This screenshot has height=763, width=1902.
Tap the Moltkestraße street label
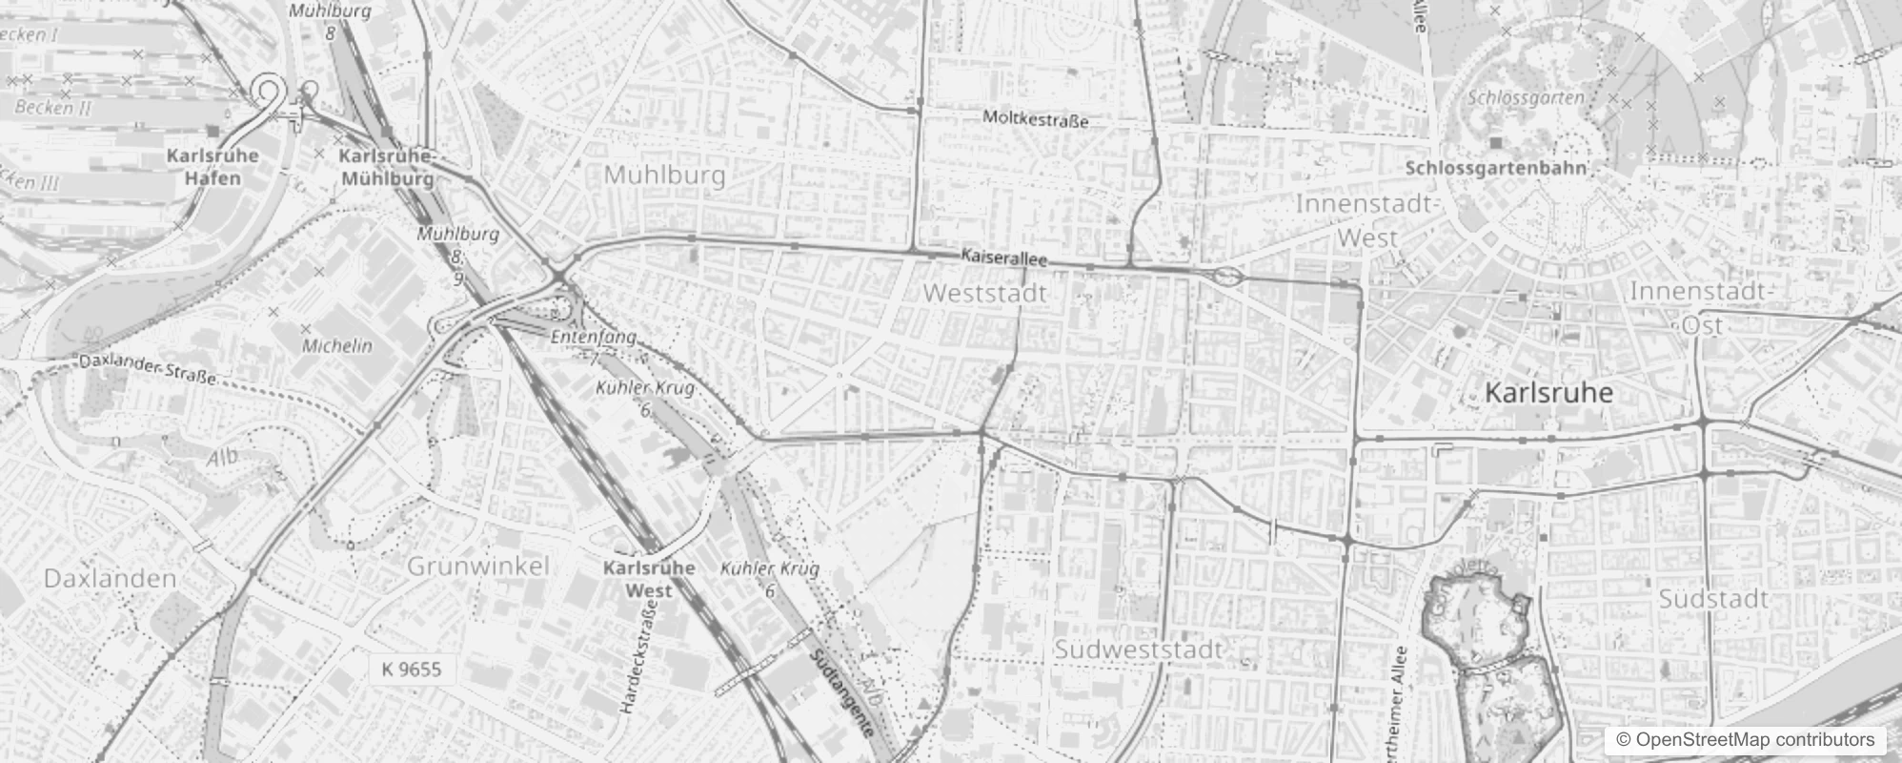click(x=1035, y=119)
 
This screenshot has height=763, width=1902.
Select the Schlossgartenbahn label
click(x=1496, y=168)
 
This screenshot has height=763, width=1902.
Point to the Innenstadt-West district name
click(x=1366, y=220)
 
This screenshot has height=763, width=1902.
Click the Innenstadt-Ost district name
click(x=1702, y=308)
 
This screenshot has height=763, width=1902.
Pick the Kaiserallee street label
click(x=1004, y=258)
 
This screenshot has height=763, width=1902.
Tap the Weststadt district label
click(x=985, y=294)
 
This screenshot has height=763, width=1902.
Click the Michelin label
click(x=337, y=345)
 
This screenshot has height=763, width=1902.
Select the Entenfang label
click(x=593, y=337)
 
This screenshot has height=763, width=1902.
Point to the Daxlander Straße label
click(x=148, y=369)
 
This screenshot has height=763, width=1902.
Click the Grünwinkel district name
click(x=478, y=566)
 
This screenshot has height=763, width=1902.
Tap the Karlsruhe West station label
click(x=649, y=578)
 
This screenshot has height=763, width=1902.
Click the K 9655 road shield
click(x=412, y=669)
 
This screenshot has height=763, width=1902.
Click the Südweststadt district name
click(x=1138, y=650)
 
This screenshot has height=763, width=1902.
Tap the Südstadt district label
click(x=1713, y=599)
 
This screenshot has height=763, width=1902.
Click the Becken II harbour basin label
click(x=52, y=107)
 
